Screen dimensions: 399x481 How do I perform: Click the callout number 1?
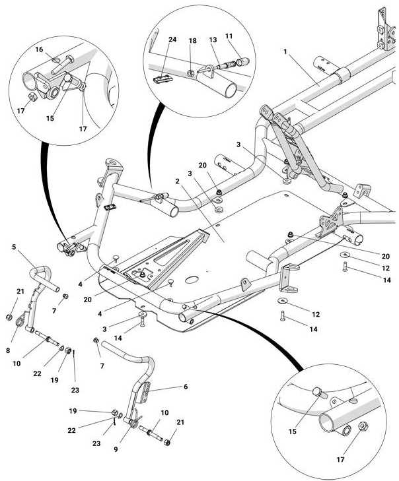coord(285,51)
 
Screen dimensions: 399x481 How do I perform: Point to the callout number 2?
coord(177,181)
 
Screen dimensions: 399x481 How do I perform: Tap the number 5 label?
coord(14,247)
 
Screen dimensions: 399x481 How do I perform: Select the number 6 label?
coord(186,387)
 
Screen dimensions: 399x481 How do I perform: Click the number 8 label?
coord(8,350)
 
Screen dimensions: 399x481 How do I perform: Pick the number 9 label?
coord(116,449)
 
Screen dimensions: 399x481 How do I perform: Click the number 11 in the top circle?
coord(229,36)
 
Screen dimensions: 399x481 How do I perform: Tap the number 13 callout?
coord(213,40)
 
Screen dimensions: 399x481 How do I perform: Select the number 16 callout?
coord(39,49)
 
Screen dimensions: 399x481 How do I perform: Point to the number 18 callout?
coord(193,41)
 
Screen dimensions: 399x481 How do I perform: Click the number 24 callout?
coord(172,40)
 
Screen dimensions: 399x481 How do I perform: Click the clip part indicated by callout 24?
coord(163,79)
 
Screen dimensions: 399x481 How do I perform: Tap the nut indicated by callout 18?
coord(190,73)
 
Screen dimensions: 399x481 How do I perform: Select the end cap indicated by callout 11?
coord(242,62)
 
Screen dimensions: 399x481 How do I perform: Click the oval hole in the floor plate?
coord(193,280)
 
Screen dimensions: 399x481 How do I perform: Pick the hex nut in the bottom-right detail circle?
coord(364,427)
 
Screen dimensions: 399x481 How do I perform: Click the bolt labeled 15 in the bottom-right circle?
coord(320,393)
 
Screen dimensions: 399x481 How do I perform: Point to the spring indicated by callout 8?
coord(20,319)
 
